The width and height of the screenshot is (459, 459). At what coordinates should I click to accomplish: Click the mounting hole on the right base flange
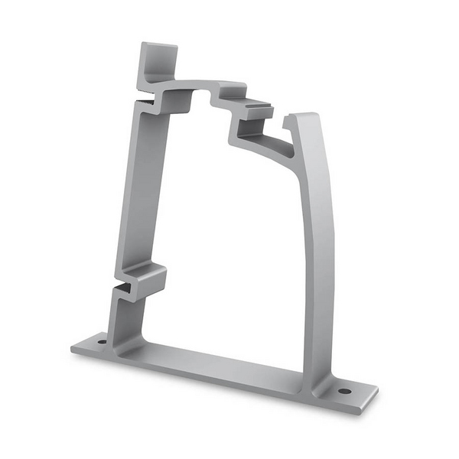[x=345, y=392]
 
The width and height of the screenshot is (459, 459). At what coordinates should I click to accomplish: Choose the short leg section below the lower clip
[x=122, y=317]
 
